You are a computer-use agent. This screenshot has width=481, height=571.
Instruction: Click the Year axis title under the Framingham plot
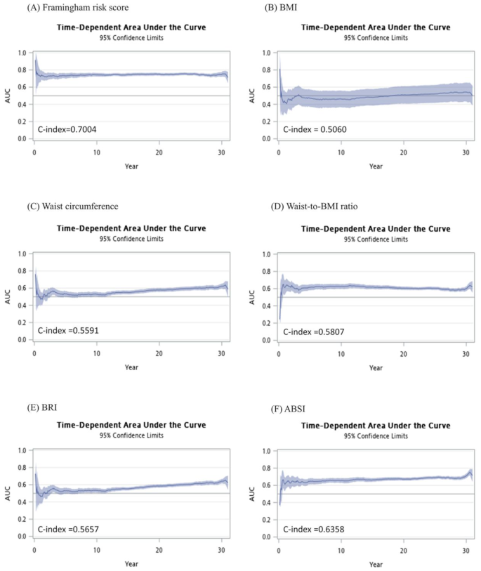pyautogui.click(x=131, y=166)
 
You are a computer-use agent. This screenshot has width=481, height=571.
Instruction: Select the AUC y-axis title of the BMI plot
pyautogui.click(x=251, y=95)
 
